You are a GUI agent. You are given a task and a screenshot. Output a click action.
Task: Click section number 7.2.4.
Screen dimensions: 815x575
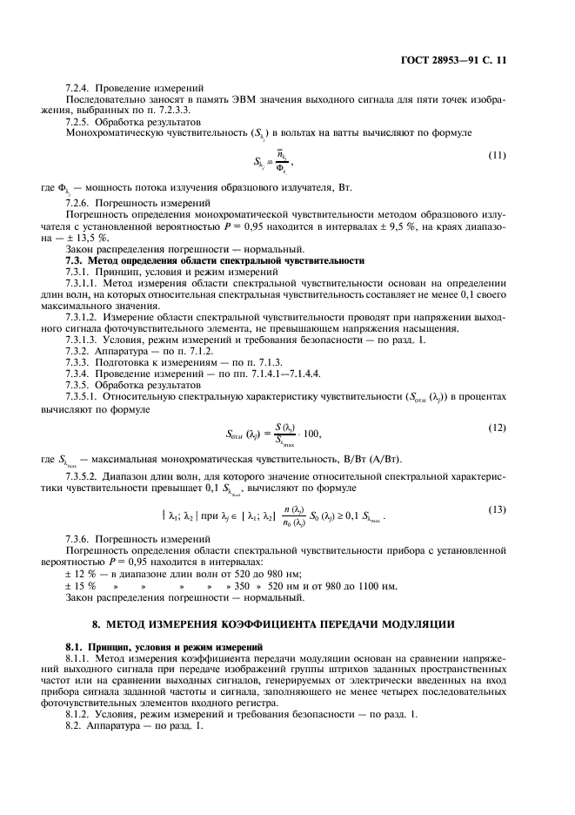[x=80, y=88]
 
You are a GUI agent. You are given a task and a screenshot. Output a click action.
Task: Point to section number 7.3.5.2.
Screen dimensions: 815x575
[x=87, y=478]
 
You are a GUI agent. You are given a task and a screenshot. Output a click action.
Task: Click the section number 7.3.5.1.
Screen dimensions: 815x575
[x=87, y=396]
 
